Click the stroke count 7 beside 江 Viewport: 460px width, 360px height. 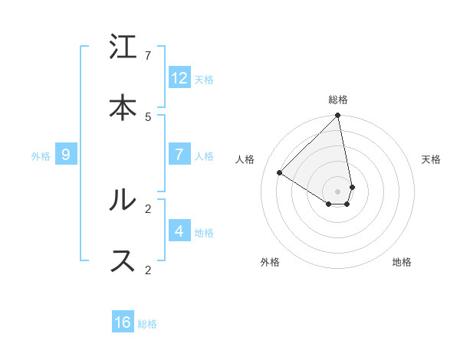pos(148,56)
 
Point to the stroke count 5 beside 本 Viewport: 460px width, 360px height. pos(148,116)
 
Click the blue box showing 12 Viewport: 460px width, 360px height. pos(179,78)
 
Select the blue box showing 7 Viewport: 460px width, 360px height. pos(179,155)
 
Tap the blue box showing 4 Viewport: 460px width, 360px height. pos(179,231)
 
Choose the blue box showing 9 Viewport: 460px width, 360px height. pos(66,155)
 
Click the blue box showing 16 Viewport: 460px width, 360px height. pos(123,322)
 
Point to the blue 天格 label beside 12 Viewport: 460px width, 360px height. pos(204,80)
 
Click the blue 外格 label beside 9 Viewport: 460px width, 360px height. pos(41,156)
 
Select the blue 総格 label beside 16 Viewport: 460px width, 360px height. pos(147,324)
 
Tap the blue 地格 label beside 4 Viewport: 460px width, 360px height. pos(204,232)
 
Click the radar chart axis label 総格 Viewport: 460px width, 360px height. pos(338,100)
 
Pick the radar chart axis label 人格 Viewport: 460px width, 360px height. pos(245,159)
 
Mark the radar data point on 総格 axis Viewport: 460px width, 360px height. pos(338,116)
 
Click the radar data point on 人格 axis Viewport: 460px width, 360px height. pos(280,172)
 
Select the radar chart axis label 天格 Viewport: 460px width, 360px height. pos(431,159)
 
